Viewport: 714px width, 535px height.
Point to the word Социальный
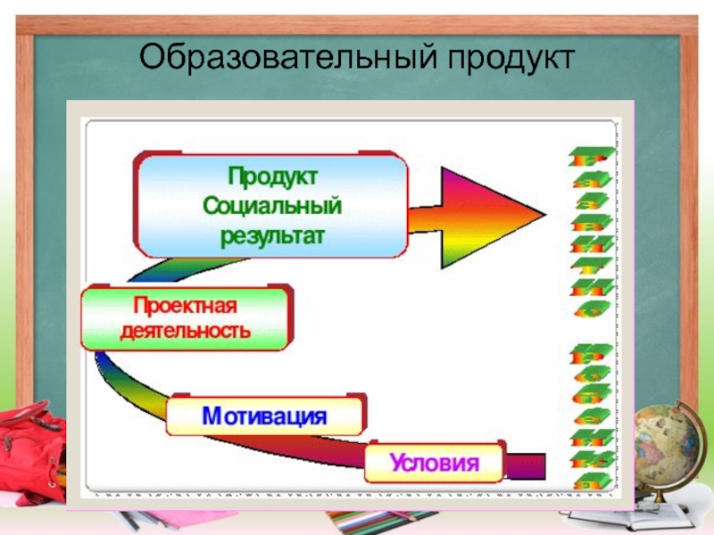pyautogui.click(x=271, y=204)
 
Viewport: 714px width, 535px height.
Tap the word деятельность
pyautogui.click(x=186, y=331)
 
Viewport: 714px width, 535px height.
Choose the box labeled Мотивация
pyautogui.click(x=264, y=416)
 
